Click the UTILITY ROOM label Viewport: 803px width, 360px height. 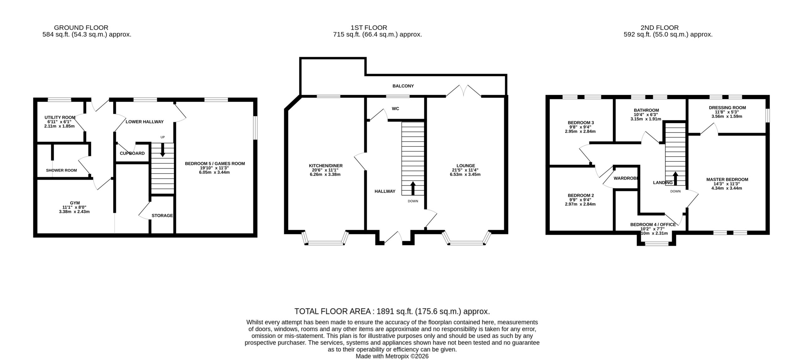(60, 118)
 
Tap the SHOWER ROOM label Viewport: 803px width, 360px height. (61, 170)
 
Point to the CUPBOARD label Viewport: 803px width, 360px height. (132, 153)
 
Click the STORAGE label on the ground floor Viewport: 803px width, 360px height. (162, 215)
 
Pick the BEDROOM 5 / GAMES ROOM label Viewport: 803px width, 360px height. (215, 163)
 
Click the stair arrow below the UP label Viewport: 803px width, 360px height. (162, 150)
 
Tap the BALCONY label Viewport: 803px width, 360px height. (403, 86)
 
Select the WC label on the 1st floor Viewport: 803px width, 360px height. (396, 109)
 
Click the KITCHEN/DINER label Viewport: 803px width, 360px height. (326, 166)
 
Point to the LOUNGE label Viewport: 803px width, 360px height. (466, 166)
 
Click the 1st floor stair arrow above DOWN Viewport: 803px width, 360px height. (412, 188)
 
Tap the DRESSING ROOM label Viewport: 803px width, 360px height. (727, 108)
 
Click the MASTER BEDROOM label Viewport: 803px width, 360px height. (727, 179)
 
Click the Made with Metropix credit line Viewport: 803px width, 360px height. (392, 356)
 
